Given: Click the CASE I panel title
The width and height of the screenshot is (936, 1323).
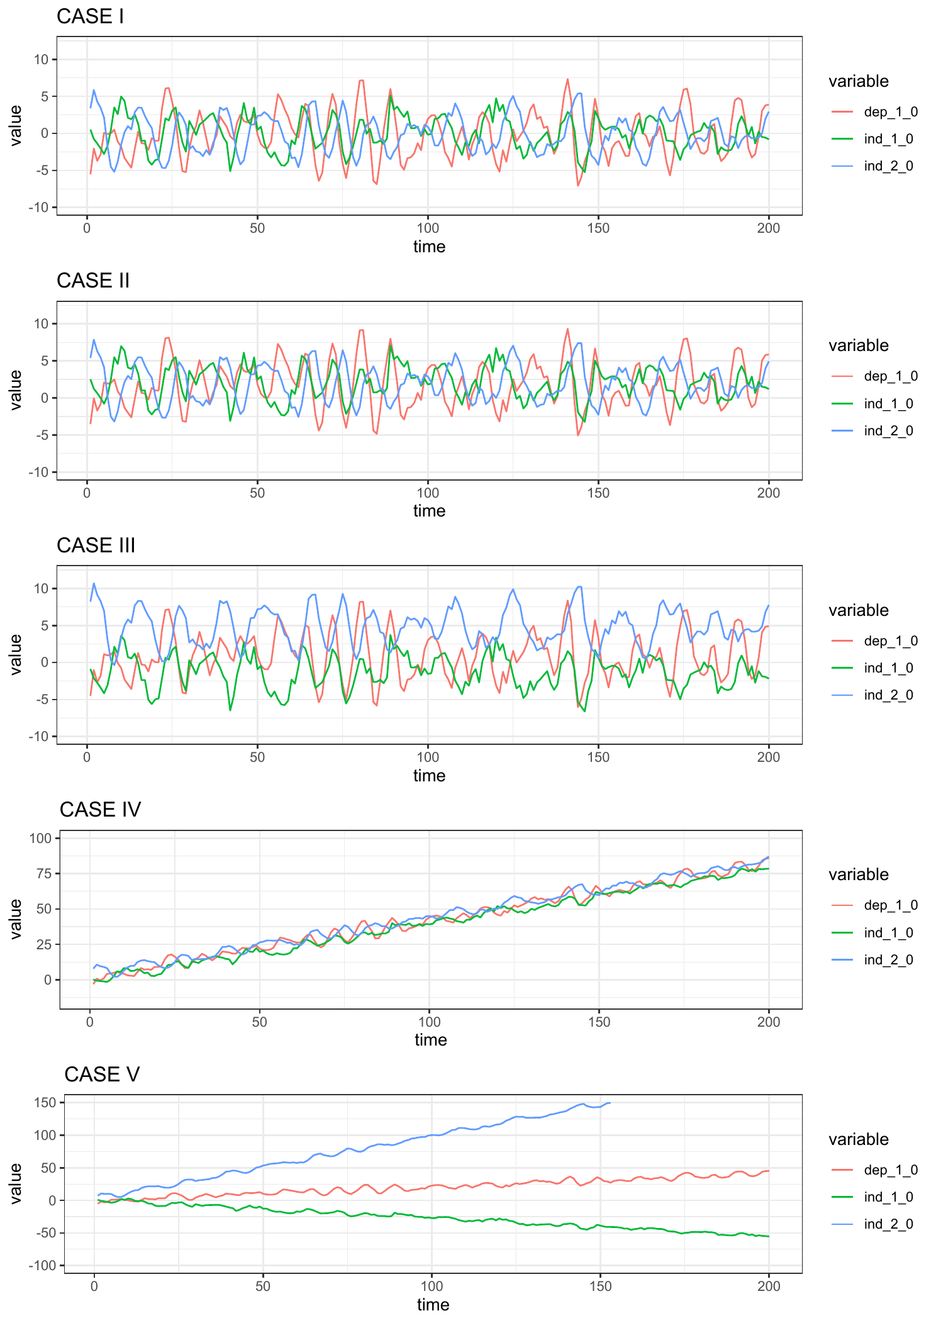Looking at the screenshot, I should pos(90,16).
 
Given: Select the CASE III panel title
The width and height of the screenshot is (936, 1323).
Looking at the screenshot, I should pos(96,545).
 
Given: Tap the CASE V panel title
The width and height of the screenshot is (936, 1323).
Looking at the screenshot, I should pos(101,1075).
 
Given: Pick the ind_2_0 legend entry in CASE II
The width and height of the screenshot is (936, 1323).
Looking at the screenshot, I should pos(888,431).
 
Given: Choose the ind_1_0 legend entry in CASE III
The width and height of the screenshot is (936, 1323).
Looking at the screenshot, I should pos(888,668).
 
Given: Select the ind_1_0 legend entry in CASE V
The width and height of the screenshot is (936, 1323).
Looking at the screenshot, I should pos(888,1197).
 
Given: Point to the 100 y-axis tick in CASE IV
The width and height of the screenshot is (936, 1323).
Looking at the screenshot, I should pos(43,838).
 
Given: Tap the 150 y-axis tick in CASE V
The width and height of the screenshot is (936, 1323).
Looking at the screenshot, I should pos(46,1102).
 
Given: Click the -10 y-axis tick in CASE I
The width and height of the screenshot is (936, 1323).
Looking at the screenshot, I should pos(41,208).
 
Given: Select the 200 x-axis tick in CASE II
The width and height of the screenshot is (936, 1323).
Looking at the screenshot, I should pos(769,493).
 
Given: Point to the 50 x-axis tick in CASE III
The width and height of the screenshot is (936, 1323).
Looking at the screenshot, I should pos(257,757).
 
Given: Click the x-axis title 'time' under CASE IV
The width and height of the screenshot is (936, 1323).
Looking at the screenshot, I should pos(430,1040).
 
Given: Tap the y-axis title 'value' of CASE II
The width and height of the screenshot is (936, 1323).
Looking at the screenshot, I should pos(16,390).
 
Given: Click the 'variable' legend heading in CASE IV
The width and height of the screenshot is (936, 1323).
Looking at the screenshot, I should pos(858,874).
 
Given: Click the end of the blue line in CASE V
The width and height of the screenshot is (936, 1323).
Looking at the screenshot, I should pos(610,1103).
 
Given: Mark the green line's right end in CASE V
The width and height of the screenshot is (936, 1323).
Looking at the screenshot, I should pos(769,1237).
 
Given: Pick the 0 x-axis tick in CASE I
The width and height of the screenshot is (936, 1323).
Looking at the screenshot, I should pos(87,228).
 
